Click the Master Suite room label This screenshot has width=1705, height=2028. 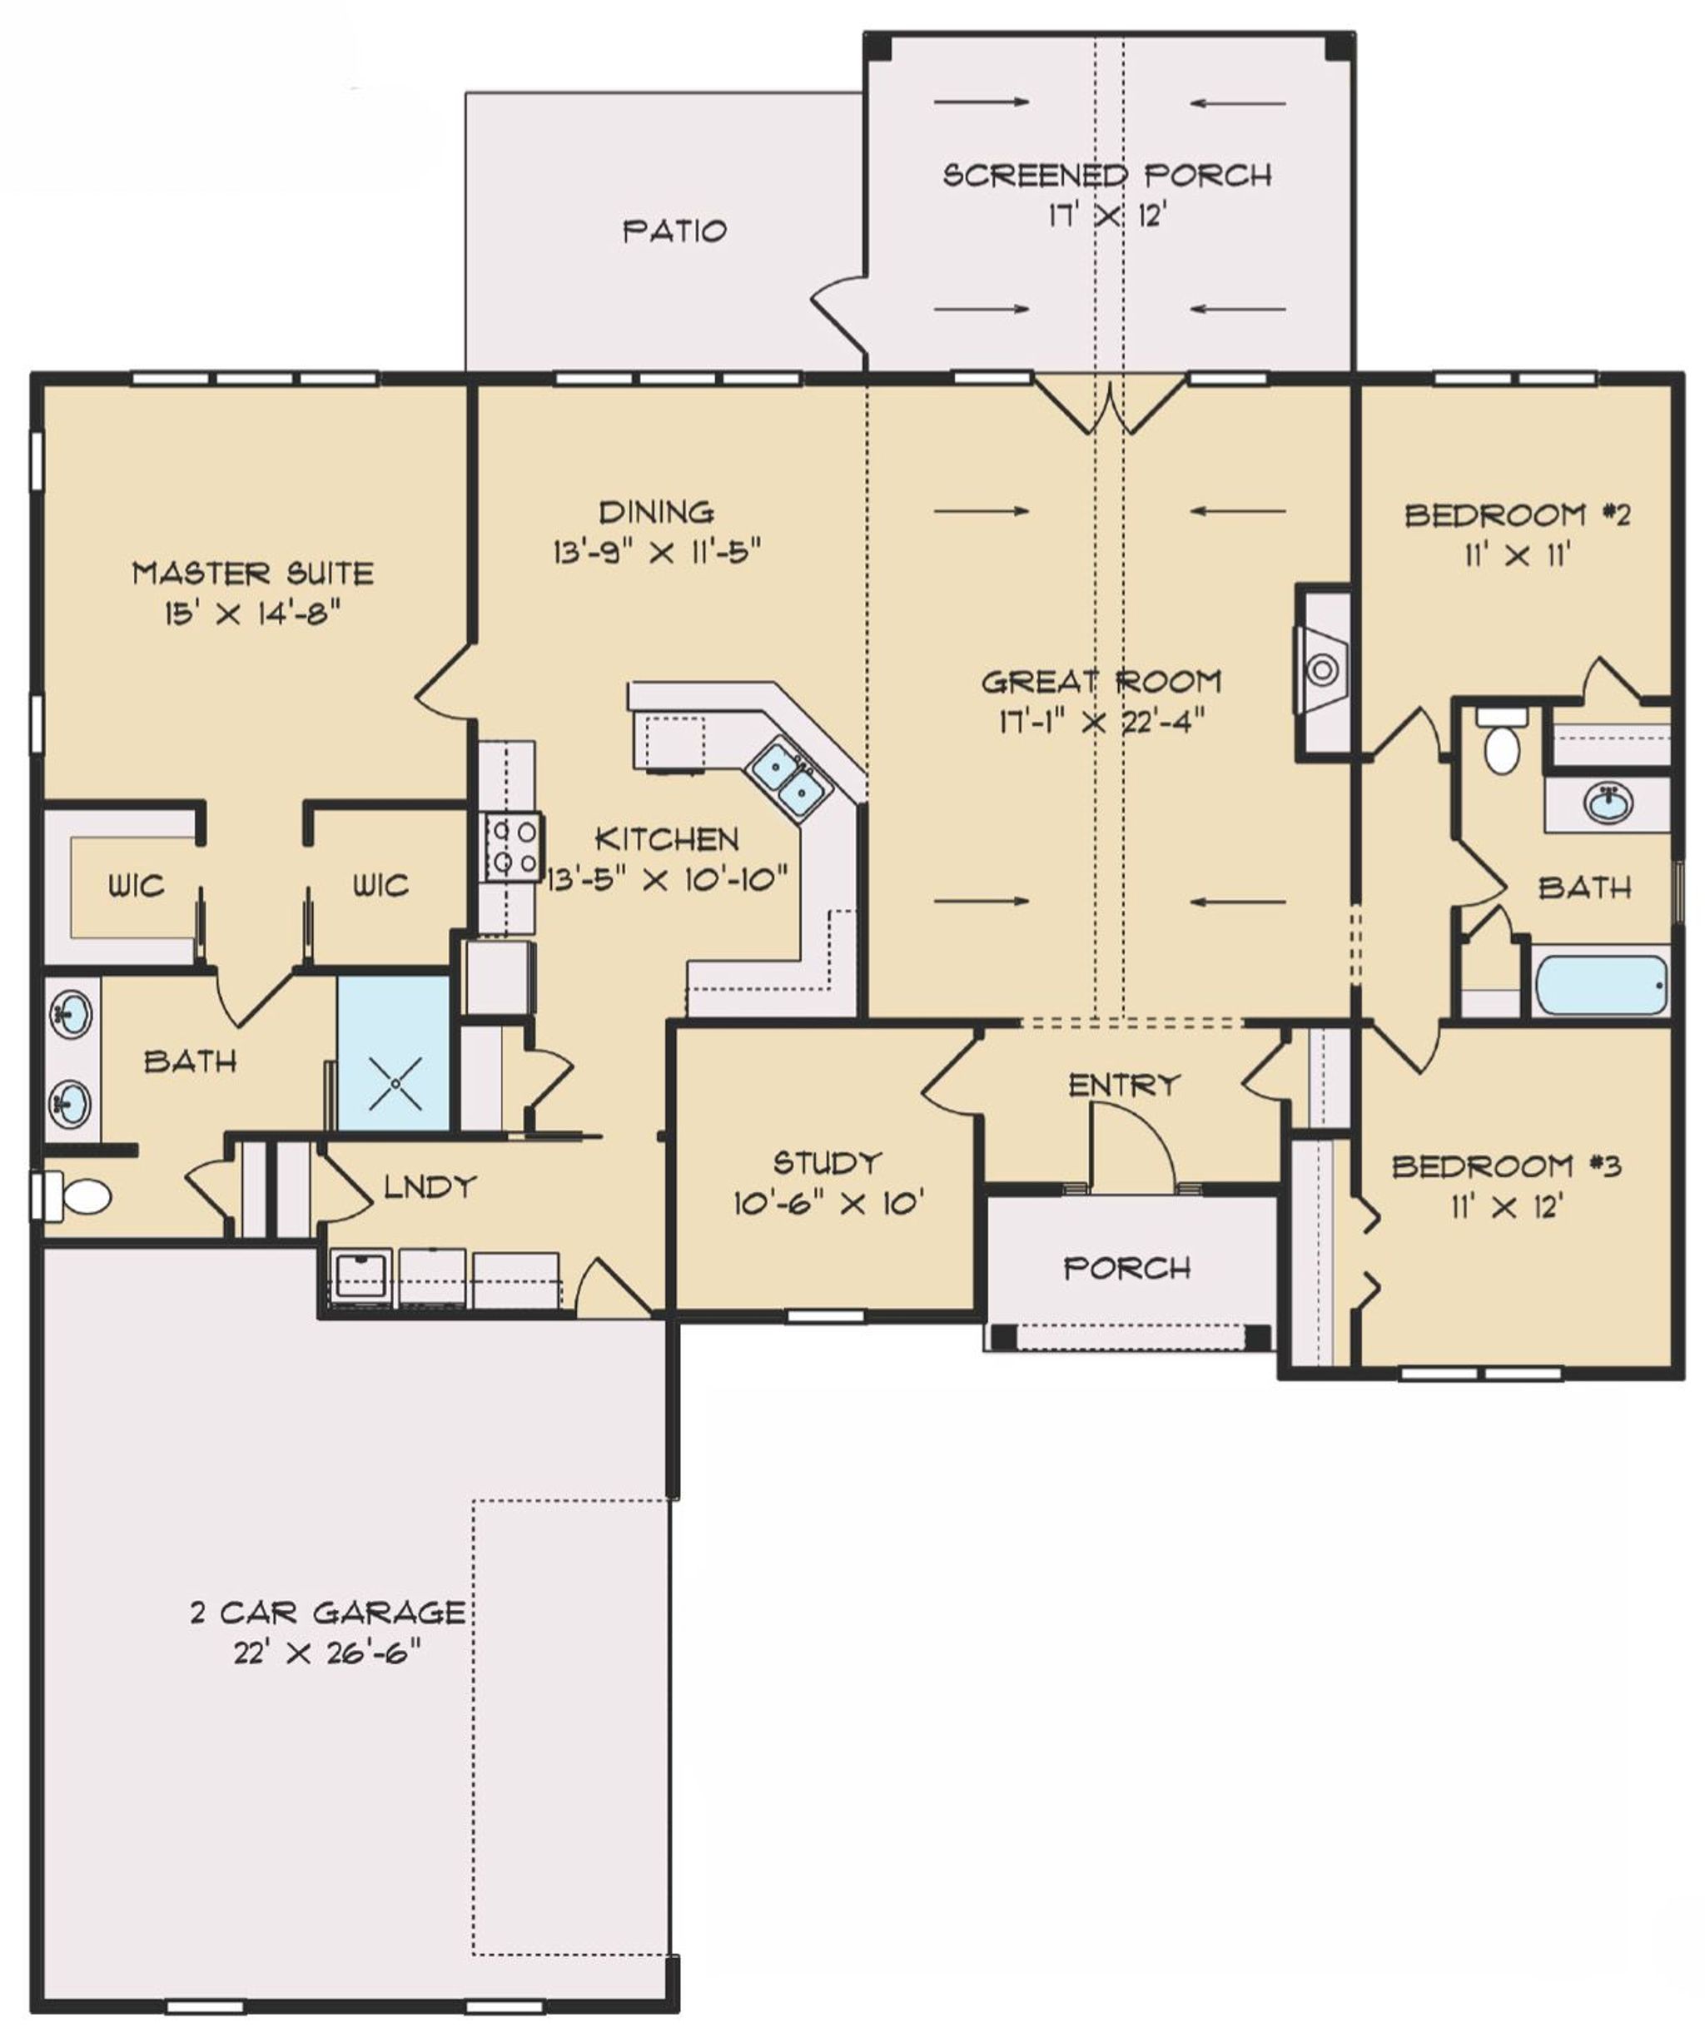pyautogui.click(x=252, y=574)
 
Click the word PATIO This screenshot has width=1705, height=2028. pyautogui.click(x=674, y=231)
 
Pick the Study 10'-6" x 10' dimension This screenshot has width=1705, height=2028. pyautogui.click(x=828, y=1204)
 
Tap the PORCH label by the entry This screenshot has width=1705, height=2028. pyautogui.click(x=1127, y=1267)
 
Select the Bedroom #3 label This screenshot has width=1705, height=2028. pyautogui.click(x=1506, y=1166)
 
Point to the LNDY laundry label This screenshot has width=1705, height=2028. pyautogui.click(x=430, y=1186)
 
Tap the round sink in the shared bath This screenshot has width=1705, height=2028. pyautogui.click(x=1608, y=803)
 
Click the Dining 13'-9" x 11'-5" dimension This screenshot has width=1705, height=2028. pyautogui.click(x=657, y=552)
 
